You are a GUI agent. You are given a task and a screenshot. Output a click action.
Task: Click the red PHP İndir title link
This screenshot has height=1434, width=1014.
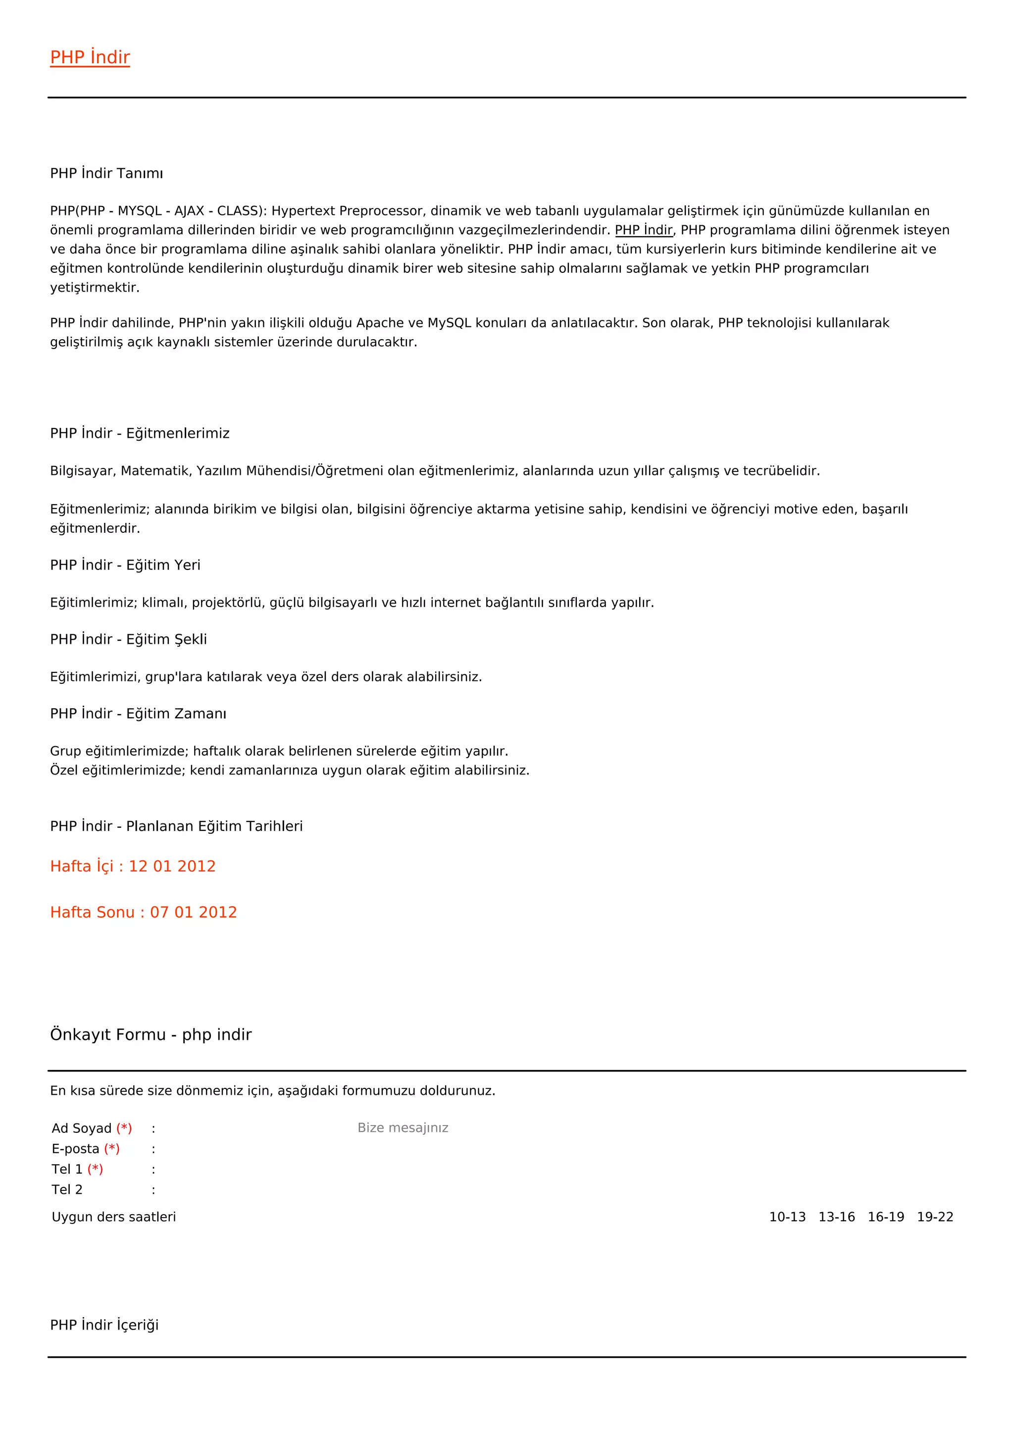[90, 57]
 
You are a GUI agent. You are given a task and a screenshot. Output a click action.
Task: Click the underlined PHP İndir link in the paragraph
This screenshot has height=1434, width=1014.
[643, 230]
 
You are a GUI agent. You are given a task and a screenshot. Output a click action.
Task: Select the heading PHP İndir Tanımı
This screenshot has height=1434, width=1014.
[106, 173]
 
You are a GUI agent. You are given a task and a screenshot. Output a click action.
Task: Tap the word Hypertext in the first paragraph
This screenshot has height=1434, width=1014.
[303, 211]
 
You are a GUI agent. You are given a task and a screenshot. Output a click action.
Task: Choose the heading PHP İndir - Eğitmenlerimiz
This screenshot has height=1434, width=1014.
[140, 433]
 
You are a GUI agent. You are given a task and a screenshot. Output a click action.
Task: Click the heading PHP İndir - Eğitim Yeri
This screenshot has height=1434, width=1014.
[125, 565]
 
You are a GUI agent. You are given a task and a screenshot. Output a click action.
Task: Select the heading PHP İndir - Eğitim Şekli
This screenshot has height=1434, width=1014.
[128, 640]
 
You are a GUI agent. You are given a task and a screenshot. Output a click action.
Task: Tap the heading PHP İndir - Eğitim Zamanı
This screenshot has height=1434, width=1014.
[138, 714]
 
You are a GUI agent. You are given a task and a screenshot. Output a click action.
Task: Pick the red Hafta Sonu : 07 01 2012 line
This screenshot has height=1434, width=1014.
[144, 913]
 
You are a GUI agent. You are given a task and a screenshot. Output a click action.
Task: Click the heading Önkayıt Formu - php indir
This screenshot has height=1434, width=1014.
[151, 1035]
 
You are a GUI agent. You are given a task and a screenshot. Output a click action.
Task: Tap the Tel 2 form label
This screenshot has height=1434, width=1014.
[67, 1190]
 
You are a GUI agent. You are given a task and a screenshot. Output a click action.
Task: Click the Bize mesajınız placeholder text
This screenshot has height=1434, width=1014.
[403, 1128]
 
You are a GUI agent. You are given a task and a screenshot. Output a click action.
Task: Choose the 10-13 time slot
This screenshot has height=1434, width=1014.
[787, 1217]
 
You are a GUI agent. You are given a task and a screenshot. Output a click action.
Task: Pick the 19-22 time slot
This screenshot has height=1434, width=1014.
[935, 1217]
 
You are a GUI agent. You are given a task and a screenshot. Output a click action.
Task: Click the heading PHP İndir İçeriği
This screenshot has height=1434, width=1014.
[104, 1326]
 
